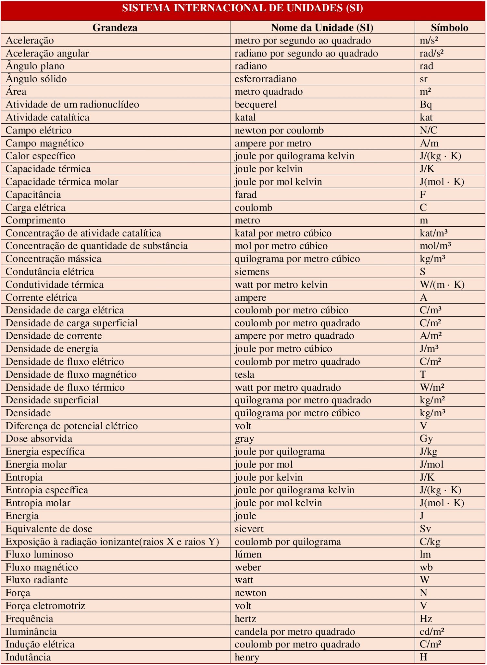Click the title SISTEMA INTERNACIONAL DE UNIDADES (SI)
tap(243, 8)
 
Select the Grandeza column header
tap(115, 28)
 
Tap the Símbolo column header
tap(449, 28)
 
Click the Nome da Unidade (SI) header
tap(322, 28)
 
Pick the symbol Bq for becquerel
tap(426, 105)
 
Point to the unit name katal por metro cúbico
tap(283, 233)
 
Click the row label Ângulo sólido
tap(36, 79)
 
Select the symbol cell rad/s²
tap(431, 53)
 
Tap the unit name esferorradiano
tap(266, 79)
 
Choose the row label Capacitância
tap(33, 194)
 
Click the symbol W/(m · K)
tap(442, 284)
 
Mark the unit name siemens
tap(252, 271)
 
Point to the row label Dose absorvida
tap(39, 439)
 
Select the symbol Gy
tap(426, 439)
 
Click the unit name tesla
tap(244, 374)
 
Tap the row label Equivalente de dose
tap(49, 529)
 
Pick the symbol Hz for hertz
tap(426, 619)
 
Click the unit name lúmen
tap(248, 554)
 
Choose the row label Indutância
tap(28, 657)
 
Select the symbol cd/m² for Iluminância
tap(432, 632)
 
